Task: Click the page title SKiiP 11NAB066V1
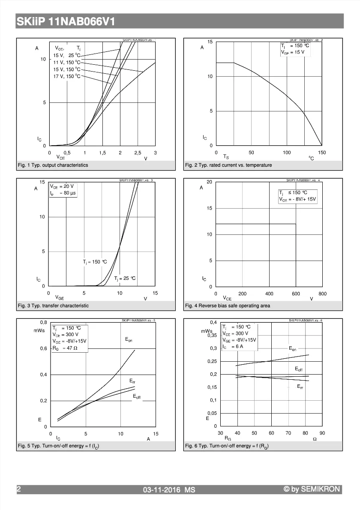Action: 66,21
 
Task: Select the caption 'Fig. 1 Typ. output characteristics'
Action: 53,165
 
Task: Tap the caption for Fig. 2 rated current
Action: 228,165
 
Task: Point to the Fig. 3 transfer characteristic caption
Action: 53,306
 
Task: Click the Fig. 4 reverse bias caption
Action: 227,306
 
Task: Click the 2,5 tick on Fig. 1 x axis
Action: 138,153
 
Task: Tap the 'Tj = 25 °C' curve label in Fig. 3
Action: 125,279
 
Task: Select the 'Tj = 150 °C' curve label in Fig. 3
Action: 95,261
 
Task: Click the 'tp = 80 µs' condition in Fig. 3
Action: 63,193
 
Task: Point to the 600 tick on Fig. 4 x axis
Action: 296,294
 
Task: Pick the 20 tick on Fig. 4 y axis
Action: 210,182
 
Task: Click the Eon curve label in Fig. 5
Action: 129,339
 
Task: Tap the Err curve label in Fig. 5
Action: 133,381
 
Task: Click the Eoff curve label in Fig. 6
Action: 299,369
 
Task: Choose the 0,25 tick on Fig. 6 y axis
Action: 212,361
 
